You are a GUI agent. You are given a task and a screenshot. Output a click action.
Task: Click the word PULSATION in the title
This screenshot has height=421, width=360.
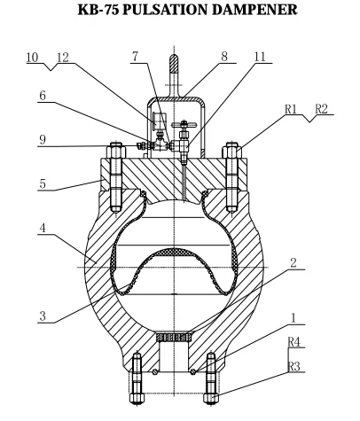click(x=166, y=10)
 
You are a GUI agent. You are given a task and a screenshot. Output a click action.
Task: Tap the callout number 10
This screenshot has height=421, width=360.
click(x=32, y=58)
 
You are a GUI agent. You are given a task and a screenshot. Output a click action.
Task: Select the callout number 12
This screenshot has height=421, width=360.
click(x=63, y=58)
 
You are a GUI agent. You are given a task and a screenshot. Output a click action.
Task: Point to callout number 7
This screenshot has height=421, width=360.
click(x=135, y=57)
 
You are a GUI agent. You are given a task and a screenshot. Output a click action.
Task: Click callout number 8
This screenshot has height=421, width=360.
click(x=224, y=57)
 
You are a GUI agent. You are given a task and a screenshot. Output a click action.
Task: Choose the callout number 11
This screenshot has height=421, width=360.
click(x=260, y=57)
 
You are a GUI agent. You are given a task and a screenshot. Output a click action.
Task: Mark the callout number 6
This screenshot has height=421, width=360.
click(x=43, y=96)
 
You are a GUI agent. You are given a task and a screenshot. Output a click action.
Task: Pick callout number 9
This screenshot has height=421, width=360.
click(x=43, y=139)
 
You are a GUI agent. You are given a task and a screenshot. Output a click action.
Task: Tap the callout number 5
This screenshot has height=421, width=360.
click(x=43, y=183)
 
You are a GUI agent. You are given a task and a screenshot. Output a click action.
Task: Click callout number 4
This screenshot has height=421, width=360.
click(x=43, y=228)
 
